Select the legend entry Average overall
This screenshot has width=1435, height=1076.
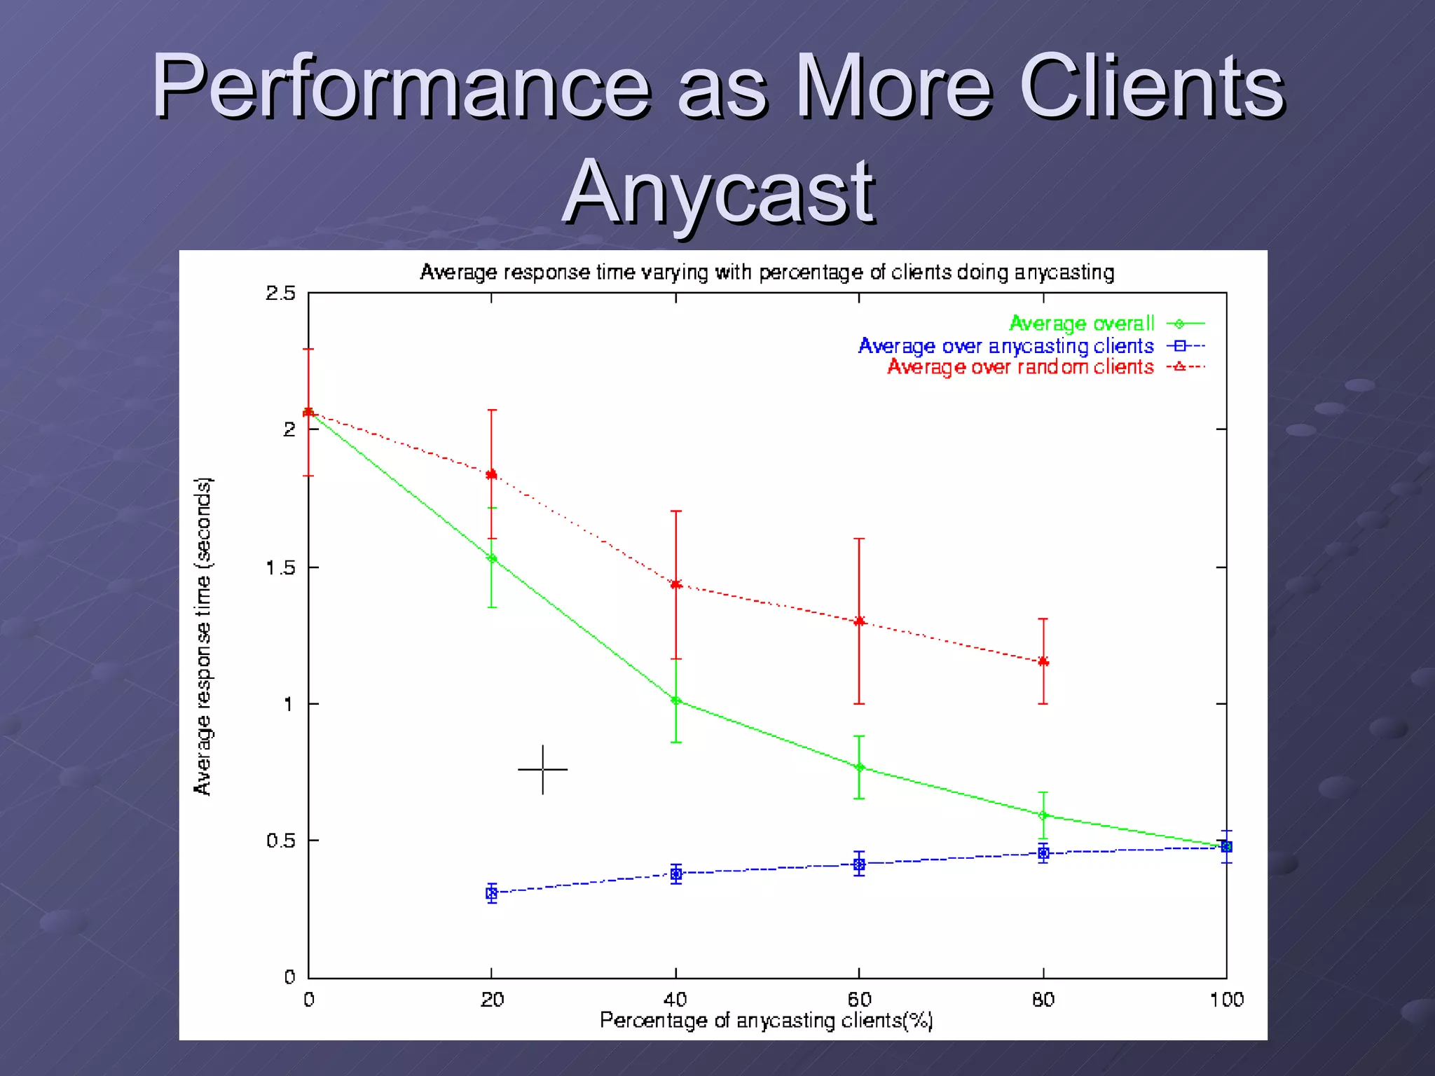[x=1081, y=324]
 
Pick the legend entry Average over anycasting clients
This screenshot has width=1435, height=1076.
[x=1005, y=346]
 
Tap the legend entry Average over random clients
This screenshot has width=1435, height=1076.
[x=1020, y=367]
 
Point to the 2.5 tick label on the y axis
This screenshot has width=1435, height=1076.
[x=280, y=294]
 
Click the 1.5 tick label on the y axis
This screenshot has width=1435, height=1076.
[x=280, y=567]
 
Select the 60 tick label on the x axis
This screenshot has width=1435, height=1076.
[x=859, y=1000]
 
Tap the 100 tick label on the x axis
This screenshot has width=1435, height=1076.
[x=1226, y=1000]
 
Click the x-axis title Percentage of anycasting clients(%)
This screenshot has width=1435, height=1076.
[x=766, y=1021]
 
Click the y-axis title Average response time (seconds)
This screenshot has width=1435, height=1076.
[x=202, y=636]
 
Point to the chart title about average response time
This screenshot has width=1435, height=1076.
[x=767, y=273]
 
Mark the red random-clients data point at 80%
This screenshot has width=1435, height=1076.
[x=1043, y=661]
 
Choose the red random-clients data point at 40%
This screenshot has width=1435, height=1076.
[x=676, y=584]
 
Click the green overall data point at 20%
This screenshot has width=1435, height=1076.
[x=492, y=558]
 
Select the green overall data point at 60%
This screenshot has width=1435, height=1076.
[x=860, y=767]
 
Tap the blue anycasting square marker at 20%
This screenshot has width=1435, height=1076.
[x=492, y=893]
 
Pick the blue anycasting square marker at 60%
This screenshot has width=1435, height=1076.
[x=859, y=864]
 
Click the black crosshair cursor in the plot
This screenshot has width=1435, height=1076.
[x=543, y=769]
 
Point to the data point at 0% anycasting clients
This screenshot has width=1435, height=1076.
[x=308, y=412]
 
